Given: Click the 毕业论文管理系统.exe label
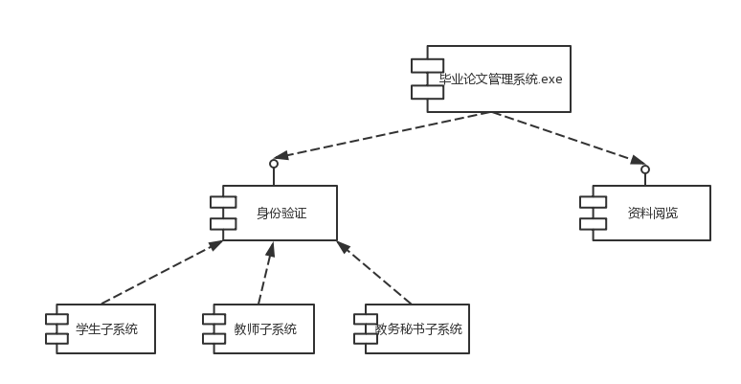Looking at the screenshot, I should pos(500,79).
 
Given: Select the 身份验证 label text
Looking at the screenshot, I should pos(281,213).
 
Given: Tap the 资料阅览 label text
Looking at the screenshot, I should pos(653,213).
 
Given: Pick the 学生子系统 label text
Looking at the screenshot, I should pos(106,329).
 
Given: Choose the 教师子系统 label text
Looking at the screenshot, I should pos(265,329).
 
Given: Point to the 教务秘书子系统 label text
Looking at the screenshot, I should pos(418,329).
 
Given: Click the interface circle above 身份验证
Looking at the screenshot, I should pos(274,164).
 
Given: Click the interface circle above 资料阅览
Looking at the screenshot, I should pos(645,169).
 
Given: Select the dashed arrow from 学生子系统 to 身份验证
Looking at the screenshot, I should pos(158,274).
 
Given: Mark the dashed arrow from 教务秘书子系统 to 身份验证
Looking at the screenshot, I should pos(375,275).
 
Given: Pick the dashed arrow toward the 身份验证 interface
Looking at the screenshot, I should pos(383,134).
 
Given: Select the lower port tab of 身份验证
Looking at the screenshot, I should pos(223,224).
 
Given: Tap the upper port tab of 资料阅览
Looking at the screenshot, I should pos(593,202).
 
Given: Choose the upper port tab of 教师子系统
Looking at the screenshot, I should pos(214,319).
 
